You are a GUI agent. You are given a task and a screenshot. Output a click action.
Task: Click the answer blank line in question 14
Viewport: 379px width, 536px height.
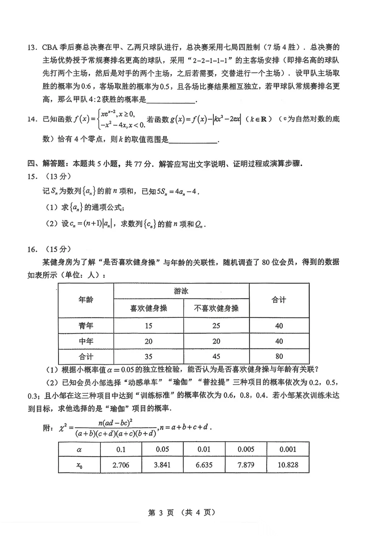tap(193, 141)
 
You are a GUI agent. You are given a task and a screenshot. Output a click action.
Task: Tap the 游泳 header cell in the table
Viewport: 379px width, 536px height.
tap(181, 291)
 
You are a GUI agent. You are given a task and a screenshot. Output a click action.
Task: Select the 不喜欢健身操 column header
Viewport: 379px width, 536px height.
tap(216, 308)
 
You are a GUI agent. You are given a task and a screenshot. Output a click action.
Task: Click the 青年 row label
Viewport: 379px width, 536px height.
tap(86, 326)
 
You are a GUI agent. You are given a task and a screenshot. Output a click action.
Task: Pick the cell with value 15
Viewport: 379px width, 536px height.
tap(148, 326)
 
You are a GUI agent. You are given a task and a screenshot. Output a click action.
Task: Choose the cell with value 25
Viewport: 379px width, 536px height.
tap(216, 326)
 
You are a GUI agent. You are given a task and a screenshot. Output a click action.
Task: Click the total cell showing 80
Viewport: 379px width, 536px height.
tap(279, 356)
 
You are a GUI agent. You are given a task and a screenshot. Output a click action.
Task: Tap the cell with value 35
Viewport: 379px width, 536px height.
tap(148, 356)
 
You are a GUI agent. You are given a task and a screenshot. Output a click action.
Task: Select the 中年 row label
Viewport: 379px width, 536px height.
tap(86, 341)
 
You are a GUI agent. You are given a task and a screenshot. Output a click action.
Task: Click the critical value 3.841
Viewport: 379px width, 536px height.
tap(162, 465)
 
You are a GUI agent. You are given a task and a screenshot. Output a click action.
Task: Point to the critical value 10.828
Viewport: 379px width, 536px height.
tap(288, 465)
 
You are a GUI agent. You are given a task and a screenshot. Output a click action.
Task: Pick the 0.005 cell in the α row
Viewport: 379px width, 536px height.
tap(246, 449)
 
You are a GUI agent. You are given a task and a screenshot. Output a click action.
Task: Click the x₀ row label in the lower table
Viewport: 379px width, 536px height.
tap(79, 465)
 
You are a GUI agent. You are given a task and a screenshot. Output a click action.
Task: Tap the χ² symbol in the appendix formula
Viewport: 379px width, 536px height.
tap(63, 428)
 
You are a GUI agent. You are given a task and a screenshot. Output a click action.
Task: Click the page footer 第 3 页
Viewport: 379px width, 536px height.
tap(161, 512)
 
